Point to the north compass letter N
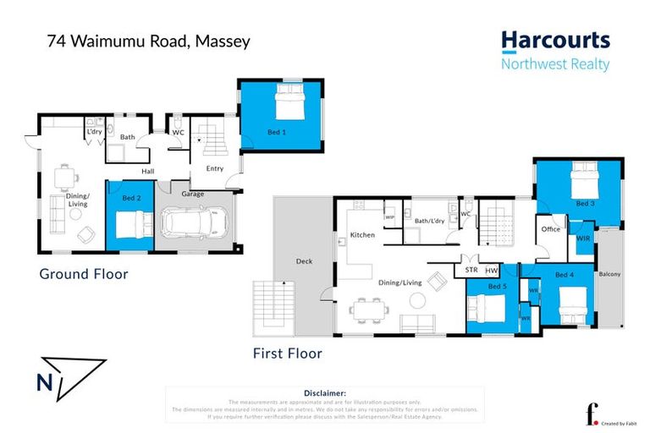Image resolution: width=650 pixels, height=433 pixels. tap(44, 382)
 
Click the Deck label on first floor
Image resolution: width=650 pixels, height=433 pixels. tap(303, 261)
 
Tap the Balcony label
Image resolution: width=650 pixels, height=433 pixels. tap(609, 274)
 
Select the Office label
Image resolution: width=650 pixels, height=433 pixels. tap(552, 229)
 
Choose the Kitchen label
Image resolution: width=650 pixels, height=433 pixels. tap(362, 235)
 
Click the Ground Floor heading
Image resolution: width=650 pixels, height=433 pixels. tap(84, 274)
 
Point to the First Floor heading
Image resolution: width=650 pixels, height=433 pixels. tap(287, 354)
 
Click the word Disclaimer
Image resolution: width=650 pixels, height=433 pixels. tap(324, 393)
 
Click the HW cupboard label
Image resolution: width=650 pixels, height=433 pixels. tap(493, 271)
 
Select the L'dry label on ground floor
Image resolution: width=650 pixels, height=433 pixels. tap(93, 133)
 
